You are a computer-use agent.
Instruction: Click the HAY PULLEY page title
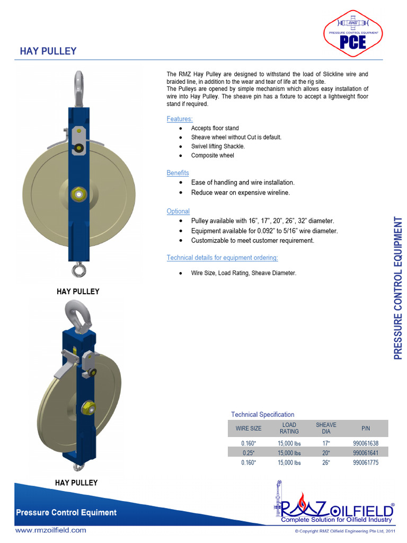pos(48,51)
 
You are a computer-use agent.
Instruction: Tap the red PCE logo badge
pos(353,37)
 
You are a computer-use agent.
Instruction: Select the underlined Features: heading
pos(180,119)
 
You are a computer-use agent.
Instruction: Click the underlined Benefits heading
pos(178,173)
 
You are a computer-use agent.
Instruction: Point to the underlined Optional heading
pos(178,211)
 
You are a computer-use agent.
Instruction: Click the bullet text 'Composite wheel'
pos(212,155)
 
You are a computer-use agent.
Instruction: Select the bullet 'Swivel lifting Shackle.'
pos(218,146)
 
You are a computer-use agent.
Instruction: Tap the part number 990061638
pos(366,443)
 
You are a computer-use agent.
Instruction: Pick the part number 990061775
pos(366,462)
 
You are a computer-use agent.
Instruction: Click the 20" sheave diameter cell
pos(326,453)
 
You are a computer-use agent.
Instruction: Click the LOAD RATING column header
pos(289,428)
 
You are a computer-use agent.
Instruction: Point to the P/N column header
pos(366,428)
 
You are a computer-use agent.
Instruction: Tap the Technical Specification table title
pos(262,414)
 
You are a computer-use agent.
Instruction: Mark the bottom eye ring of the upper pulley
pos(79,270)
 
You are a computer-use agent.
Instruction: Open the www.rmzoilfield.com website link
pos(50,530)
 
